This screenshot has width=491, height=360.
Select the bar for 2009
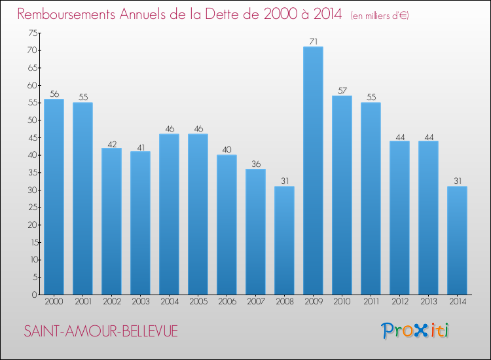313,170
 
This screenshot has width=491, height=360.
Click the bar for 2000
54,196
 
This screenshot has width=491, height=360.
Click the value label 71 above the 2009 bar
313,42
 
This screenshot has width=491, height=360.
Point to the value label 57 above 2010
342,91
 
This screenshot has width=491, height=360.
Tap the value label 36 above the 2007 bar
255,164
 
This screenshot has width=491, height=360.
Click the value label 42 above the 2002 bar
111,143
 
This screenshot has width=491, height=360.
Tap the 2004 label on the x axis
169,302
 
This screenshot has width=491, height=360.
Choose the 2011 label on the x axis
371,302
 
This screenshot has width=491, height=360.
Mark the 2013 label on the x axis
428,302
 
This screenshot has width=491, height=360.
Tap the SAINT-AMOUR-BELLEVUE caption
100,332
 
